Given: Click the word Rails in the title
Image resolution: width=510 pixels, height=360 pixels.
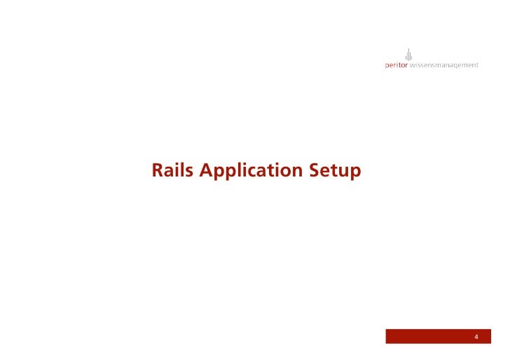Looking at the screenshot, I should click(173, 170).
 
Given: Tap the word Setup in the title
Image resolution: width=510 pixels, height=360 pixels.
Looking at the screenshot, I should click(335, 171).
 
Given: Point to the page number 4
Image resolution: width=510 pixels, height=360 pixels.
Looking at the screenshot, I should click(476, 338).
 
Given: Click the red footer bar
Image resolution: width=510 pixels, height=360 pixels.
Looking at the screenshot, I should click(434, 338).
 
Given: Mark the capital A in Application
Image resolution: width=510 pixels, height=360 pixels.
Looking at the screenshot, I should click(207, 170).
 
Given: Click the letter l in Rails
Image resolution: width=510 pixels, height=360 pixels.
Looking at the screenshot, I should click(184, 169).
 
